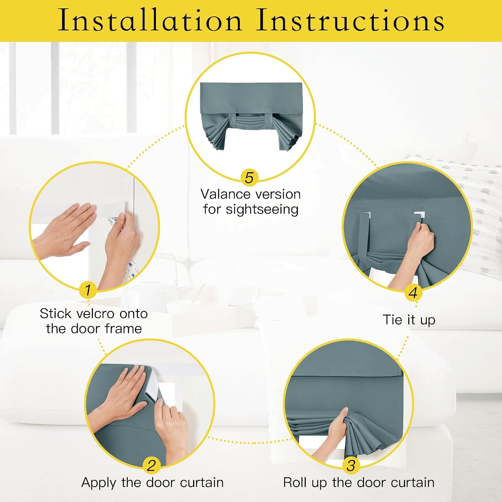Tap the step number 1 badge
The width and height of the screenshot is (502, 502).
pyautogui.click(x=88, y=290)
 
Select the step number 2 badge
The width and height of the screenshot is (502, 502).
pyautogui.click(x=152, y=465)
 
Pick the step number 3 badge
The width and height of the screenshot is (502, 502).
pyautogui.click(x=351, y=465)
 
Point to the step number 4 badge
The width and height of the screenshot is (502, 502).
pyautogui.click(x=413, y=292)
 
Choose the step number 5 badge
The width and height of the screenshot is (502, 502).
pyautogui.click(x=249, y=177)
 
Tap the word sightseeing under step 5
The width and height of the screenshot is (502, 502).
pyautogui.click(x=262, y=210)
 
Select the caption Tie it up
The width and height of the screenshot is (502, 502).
pyautogui.click(x=409, y=320)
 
